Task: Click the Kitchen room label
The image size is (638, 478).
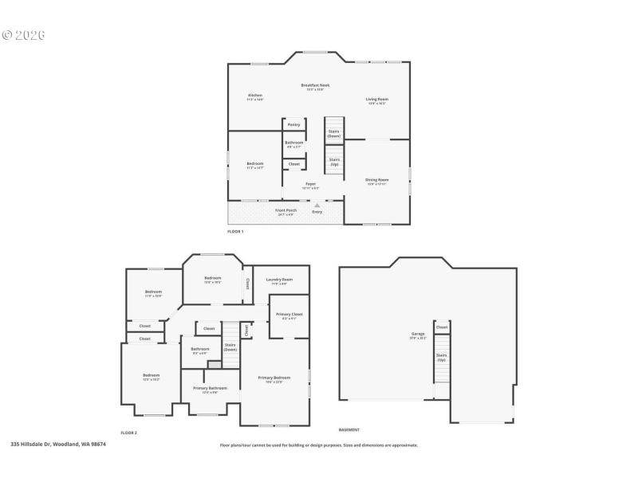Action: coord(255,96)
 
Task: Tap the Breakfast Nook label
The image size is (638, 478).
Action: coord(315,86)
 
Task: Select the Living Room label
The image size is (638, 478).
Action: coord(377,100)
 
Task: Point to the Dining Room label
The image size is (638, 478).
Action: coord(377,181)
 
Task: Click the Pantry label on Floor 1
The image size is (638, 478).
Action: coord(293,125)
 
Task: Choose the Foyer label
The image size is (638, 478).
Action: coord(311,185)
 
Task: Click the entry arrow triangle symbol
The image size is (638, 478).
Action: coord(317,206)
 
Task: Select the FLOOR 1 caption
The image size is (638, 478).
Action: coord(235,231)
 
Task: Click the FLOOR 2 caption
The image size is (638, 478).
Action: coord(129,433)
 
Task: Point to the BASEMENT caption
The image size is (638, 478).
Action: coord(349,429)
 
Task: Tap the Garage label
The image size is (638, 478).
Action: coord(418,335)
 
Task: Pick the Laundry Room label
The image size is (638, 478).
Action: coord(279,280)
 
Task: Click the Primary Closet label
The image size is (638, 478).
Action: coord(289,315)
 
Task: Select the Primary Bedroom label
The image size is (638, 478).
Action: coord(274,378)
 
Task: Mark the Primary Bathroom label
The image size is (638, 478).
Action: coord(210,390)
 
